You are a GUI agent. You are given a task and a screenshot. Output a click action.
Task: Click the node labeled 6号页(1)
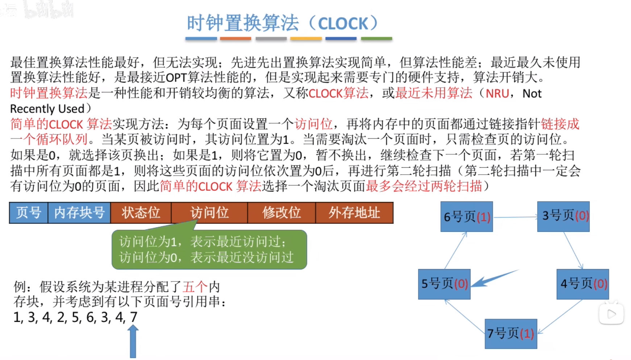click(467, 217)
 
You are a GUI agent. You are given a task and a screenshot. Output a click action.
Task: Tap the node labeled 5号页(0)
click(444, 284)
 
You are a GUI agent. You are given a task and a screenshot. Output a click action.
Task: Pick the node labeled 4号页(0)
click(582, 284)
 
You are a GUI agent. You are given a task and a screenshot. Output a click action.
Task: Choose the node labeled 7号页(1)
click(511, 334)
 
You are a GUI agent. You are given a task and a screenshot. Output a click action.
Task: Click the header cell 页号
click(29, 213)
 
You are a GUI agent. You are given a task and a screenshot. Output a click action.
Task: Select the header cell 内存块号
click(79, 213)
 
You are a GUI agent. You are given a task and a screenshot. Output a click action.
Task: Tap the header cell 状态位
click(141, 213)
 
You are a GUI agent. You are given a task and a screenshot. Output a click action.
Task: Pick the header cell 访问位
click(209, 213)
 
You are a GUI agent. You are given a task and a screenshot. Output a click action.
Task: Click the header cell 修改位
click(281, 213)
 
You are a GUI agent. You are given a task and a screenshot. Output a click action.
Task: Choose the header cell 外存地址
click(354, 213)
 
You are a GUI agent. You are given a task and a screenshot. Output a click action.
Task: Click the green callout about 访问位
click(209, 250)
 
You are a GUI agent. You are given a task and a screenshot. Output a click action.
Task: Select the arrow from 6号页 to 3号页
click(515, 217)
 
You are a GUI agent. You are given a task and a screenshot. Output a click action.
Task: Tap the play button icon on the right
click(611, 314)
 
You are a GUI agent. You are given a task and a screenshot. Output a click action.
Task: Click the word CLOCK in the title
click(343, 24)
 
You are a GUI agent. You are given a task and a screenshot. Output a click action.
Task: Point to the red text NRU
click(497, 94)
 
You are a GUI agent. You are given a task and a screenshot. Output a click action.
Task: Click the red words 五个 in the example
click(195, 287)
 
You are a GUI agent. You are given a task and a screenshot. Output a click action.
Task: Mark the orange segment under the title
click(235, 38)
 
